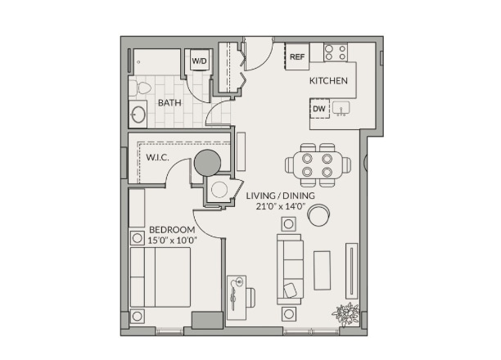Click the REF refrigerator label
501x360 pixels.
tap(297, 56)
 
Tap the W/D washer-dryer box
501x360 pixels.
tap(200, 60)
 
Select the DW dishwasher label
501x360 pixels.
tap(319, 109)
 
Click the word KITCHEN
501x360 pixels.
tap(328, 80)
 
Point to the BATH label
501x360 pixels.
tap(169, 103)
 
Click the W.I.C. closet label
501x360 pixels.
tap(157, 157)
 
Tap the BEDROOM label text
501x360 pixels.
tap(172, 230)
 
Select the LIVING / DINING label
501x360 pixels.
tap(280, 196)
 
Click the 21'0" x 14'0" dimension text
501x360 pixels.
tap(281, 206)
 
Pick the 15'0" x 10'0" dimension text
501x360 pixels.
tap(172, 241)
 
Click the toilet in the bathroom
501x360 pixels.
tap(140, 88)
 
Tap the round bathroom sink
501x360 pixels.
tap(138, 115)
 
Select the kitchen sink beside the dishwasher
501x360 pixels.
tap(341, 108)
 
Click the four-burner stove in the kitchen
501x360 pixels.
tap(336, 52)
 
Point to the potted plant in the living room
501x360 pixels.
tap(346, 314)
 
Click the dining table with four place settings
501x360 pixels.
tap(318, 165)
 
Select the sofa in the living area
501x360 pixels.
tap(290, 269)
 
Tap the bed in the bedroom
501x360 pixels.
tap(160, 277)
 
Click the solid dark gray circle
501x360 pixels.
tap(207, 163)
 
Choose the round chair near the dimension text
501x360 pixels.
tap(318, 214)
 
